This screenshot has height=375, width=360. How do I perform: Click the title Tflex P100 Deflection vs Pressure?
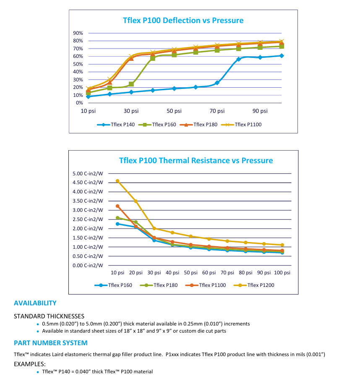coord(183,20)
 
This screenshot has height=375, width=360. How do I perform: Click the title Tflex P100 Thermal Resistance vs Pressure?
coord(196,160)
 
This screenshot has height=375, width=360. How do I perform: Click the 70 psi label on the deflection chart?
coord(217,111)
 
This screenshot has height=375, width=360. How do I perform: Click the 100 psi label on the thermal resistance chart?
coord(282,273)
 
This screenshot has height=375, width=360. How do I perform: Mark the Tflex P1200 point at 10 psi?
coord(117,181)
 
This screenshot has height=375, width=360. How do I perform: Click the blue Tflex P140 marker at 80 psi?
coord(238,59)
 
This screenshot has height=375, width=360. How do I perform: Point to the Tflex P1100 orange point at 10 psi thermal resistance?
coord(117,206)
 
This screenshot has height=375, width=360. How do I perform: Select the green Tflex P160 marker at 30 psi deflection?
coord(131,84)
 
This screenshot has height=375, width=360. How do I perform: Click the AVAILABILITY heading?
coord(35,303)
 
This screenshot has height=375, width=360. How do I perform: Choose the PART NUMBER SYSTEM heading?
coord(51,343)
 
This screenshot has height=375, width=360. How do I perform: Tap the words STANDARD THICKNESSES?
coord(49,316)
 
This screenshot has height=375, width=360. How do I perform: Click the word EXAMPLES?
coord(29,364)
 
